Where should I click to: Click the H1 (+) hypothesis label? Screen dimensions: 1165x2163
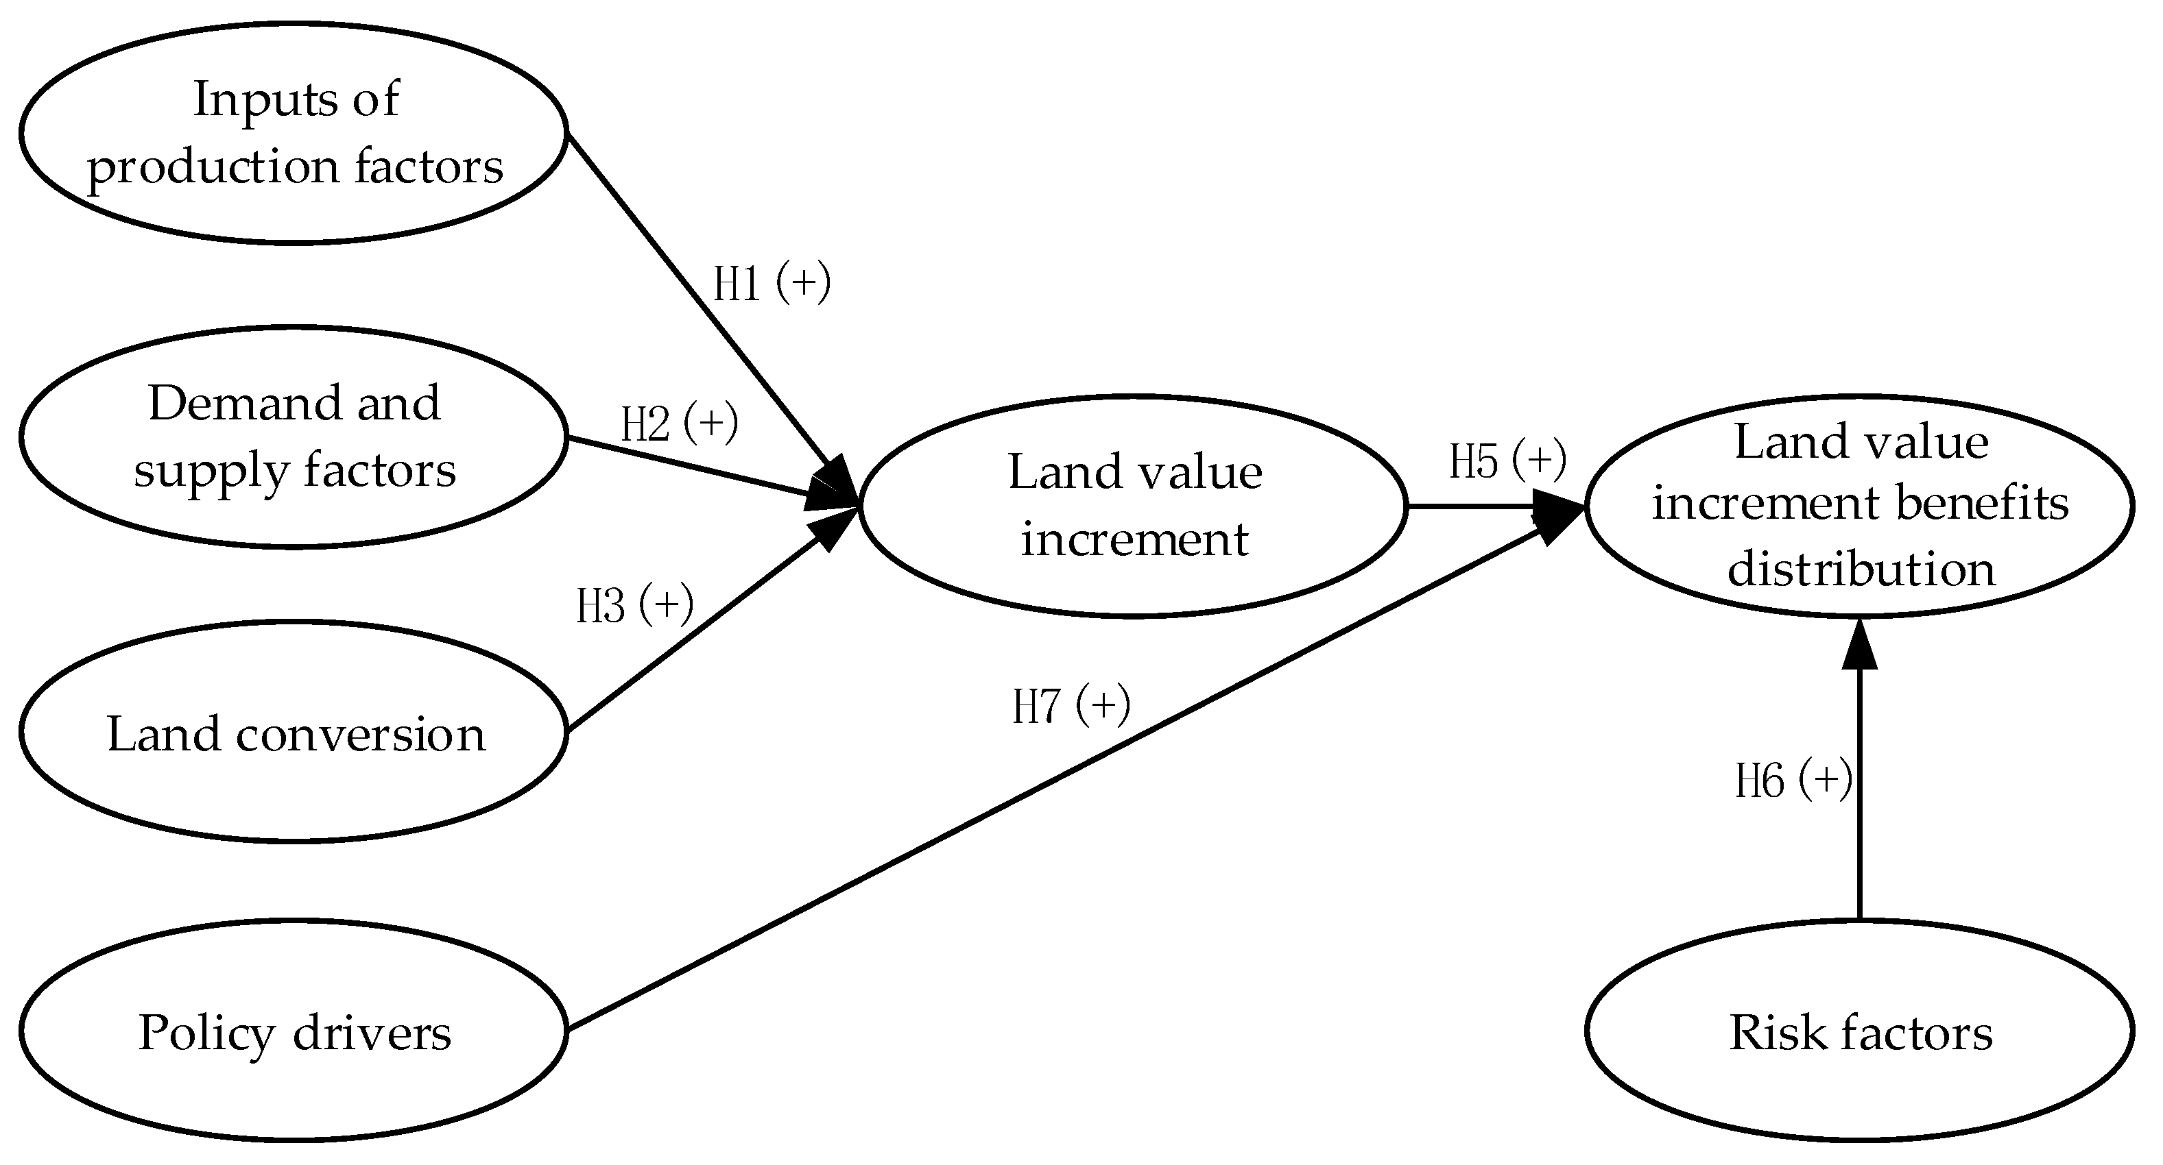coord(772,283)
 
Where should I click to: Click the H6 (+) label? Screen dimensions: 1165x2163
coord(1793,780)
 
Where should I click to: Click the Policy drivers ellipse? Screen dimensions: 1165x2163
coord(294,1031)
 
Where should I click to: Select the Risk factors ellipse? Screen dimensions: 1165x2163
coord(1860,1031)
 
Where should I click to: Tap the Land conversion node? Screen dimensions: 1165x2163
coord(294,732)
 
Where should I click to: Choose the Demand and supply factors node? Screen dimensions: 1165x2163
coord(294,437)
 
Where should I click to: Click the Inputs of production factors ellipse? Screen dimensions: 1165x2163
coord(294,133)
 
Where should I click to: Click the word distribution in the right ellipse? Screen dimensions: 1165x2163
coord(1861,569)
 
